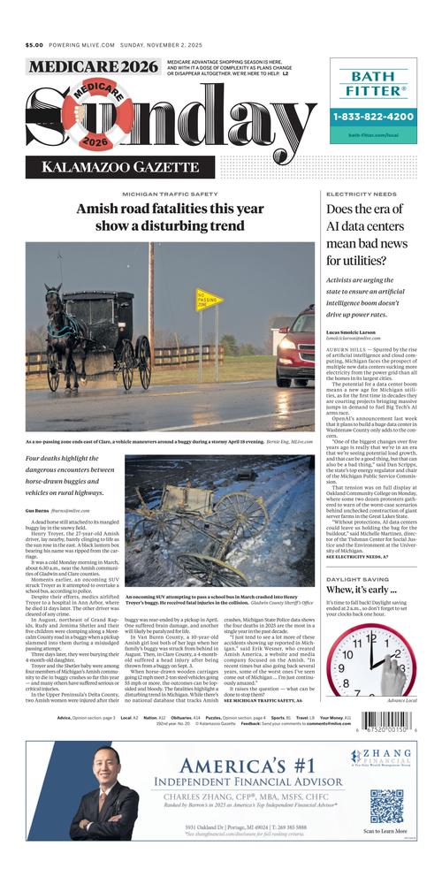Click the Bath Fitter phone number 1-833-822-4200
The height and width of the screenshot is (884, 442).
[x=374, y=117]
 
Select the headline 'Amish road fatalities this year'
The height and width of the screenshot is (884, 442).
[x=170, y=210]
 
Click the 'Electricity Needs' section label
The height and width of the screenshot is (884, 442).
[x=361, y=194]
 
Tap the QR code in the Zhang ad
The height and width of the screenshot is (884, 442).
[x=386, y=805]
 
